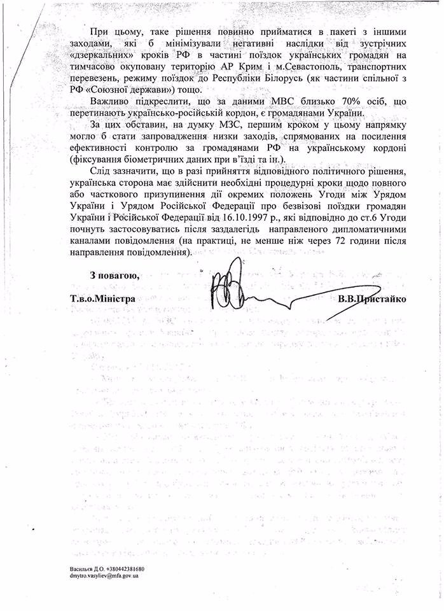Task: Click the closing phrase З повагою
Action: point(114,275)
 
